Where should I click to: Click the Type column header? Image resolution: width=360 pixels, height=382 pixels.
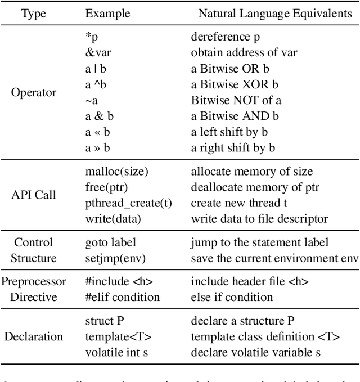click(34, 13)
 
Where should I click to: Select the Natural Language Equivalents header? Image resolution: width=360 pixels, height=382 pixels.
click(275, 13)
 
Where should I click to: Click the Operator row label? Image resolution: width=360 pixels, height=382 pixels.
click(34, 92)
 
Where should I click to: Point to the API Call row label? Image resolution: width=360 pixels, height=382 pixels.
click(34, 195)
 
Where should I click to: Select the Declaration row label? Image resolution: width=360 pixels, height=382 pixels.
click(34, 336)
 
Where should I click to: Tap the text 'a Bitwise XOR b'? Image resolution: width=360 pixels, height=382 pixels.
click(235, 84)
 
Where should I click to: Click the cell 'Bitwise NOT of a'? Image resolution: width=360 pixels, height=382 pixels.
click(236, 100)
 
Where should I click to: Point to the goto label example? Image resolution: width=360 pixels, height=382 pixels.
click(110, 242)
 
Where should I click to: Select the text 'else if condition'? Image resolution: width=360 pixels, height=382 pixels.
click(232, 297)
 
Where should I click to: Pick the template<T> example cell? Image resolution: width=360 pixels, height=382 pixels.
click(118, 336)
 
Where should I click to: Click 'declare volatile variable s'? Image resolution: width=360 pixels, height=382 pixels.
click(255, 352)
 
